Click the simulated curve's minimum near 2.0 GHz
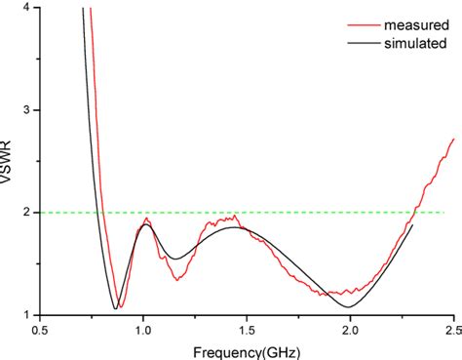tap(348, 307)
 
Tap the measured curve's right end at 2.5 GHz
tap(453, 140)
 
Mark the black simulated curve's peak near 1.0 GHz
tap(144, 225)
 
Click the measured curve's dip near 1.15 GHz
tap(177, 279)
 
